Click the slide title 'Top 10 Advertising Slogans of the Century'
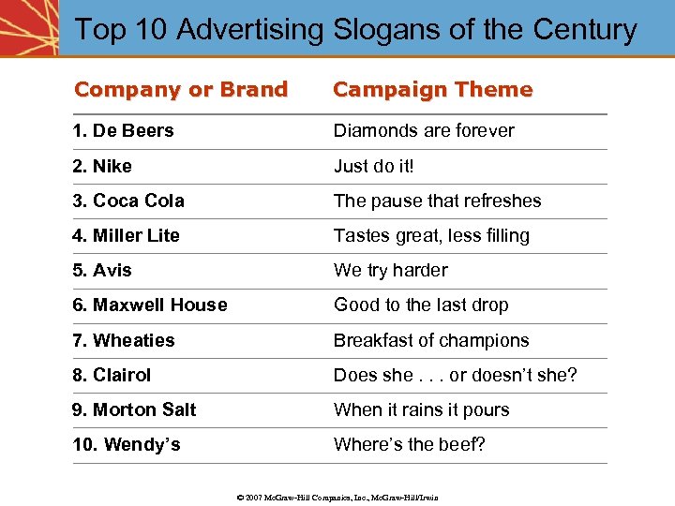point(355,29)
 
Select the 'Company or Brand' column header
point(181,90)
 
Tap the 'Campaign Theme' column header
point(432,90)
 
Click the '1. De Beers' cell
point(123,130)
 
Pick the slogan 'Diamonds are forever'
point(424,130)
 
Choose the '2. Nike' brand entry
point(102,166)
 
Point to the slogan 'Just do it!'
point(373,166)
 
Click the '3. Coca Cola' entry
point(128,201)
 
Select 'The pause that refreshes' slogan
point(437,201)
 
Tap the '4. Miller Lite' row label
point(126,235)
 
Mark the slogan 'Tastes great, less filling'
point(431,235)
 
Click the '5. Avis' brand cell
point(102,270)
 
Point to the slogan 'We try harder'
point(390,270)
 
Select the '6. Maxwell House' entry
point(150,305)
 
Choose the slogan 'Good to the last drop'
point(421,305)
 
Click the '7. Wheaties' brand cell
point(124,340)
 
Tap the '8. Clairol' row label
point(112,375)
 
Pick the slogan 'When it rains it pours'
point(421,409)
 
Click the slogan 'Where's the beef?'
point(410,444)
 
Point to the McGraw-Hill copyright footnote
point(337,497)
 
